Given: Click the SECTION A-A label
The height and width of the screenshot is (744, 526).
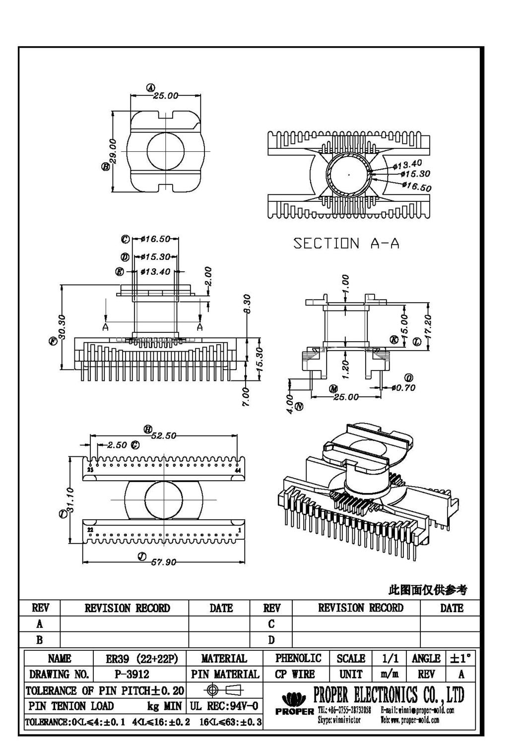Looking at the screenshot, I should [346, 244].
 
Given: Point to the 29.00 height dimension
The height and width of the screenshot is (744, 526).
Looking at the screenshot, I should [113, 151].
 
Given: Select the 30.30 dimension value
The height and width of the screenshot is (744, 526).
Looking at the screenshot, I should [62, 326].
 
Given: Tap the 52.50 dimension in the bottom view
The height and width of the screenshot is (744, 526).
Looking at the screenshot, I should [164, 435].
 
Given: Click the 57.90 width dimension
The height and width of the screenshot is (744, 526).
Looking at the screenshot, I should [164, 562].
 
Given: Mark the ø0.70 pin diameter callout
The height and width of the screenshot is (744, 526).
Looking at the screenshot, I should [403, 387].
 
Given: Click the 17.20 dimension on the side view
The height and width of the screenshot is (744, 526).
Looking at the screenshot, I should [429, 324].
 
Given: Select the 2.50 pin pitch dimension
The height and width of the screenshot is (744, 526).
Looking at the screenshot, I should [117, 445].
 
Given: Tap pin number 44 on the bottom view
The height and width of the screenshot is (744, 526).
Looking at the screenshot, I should [238, 470].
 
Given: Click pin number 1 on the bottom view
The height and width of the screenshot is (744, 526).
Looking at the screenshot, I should [240, 530].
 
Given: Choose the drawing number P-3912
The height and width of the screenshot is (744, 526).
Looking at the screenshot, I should [128, 674].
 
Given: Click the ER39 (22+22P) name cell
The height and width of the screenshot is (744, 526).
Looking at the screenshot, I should [141, 659].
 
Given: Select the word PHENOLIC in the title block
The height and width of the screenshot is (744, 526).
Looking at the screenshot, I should [298, 658].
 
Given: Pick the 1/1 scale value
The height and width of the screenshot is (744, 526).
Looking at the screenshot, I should [390, 658].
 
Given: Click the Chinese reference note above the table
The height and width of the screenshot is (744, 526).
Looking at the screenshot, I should [427, 590].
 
